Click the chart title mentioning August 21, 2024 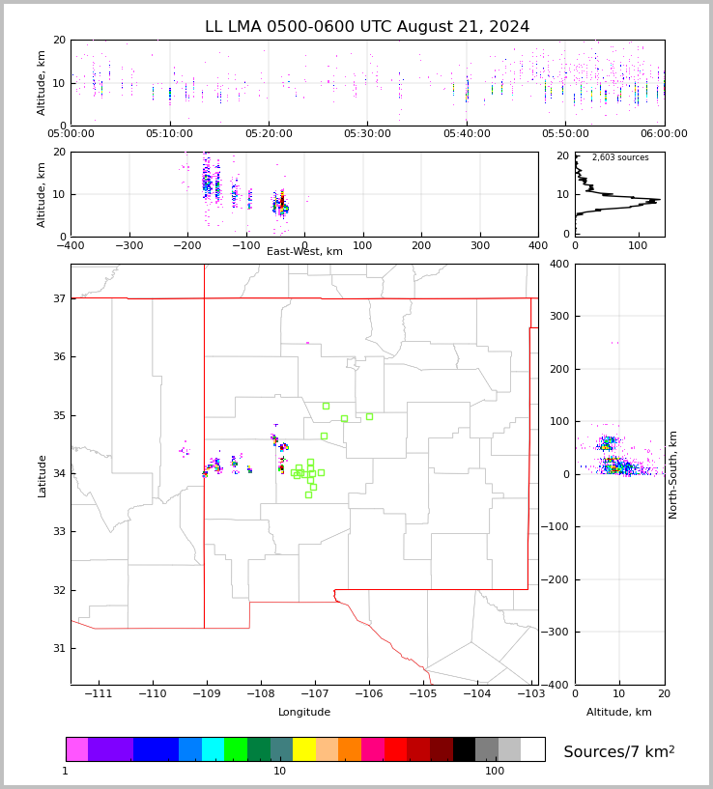pos(367,27)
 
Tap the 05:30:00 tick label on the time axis pos(368,134)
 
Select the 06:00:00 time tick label pos(664,134)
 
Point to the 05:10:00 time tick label pos(170,134)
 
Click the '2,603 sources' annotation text pos(620,157)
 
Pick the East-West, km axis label pos(304,252)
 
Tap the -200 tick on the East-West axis pos(187,245)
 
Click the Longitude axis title pos(304,713)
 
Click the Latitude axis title pos(42,475)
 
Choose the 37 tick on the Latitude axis pos(58,298)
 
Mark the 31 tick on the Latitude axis pos(58,648)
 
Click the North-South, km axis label pos(673,474)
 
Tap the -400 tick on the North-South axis pos(557,685)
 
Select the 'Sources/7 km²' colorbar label pos(619,751)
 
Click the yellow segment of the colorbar pos(304,749)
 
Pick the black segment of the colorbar pos(464,749)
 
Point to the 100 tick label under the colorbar pos(495,772)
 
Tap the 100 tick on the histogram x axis pos(638,245)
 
